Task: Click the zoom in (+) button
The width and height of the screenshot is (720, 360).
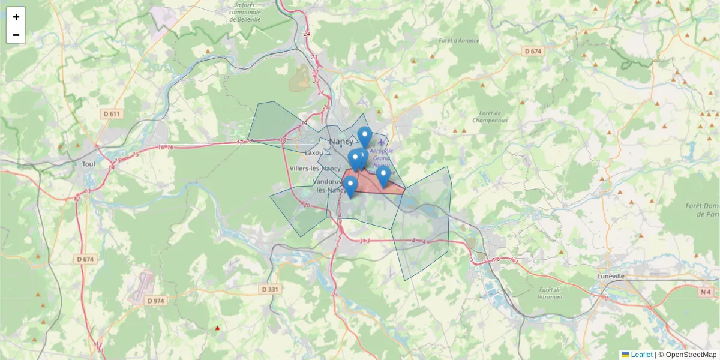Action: click(x=16, y=17)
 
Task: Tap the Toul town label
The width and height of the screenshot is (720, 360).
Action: click(x=89, y=163)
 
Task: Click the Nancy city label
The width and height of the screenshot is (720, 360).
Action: click(x=341, y=142)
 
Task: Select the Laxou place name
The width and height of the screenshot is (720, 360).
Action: click(x=314, y=153)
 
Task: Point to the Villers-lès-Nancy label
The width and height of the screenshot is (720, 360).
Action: click(x=315, y=169)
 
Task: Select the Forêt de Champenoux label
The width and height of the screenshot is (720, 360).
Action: click(x=490, y=116)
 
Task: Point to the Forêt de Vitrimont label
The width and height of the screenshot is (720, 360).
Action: click(x=550, y=293)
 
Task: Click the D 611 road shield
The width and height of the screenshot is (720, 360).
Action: click(x=112, y=114)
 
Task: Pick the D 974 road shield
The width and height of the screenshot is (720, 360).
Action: click(x=155, y=301)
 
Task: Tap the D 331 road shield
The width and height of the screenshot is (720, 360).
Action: click(x=271, y=289)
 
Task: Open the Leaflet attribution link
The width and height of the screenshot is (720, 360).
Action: click(x=641, y=355)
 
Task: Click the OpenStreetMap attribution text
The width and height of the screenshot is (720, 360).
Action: click(x=690, y=355)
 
